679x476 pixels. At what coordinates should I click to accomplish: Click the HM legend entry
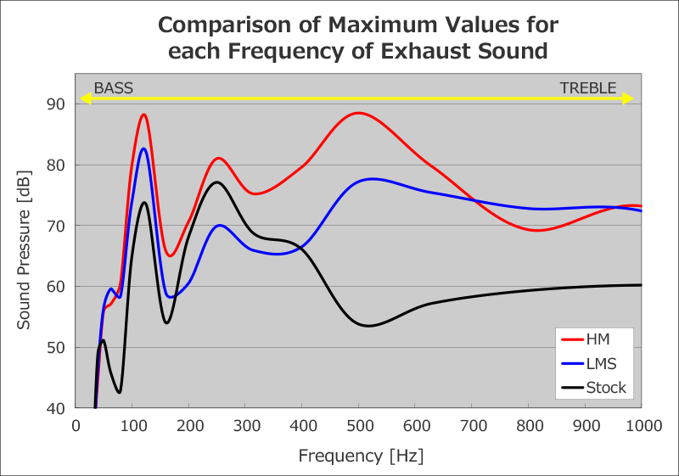click(x=598, y=339)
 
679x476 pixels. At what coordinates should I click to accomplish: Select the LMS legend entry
click(x=600, y=363)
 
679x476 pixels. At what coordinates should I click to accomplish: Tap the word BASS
click(x=113, y=87)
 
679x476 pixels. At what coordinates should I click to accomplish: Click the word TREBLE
click(x=587, y=87)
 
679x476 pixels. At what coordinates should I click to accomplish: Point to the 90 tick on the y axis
click(x=55, y=104)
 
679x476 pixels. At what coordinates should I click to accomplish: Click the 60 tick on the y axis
click(x=55, y=286)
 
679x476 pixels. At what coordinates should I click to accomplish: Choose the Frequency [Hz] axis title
click(x=361, y=456)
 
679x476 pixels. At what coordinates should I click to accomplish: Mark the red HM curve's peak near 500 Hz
click(x=359, y=113)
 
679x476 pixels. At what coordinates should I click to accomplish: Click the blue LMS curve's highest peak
click(x=143, y=148)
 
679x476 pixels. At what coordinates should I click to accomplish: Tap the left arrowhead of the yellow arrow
click(x=84, y=98)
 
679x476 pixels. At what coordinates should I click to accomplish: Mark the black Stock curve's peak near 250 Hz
click(x=216, y=182)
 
